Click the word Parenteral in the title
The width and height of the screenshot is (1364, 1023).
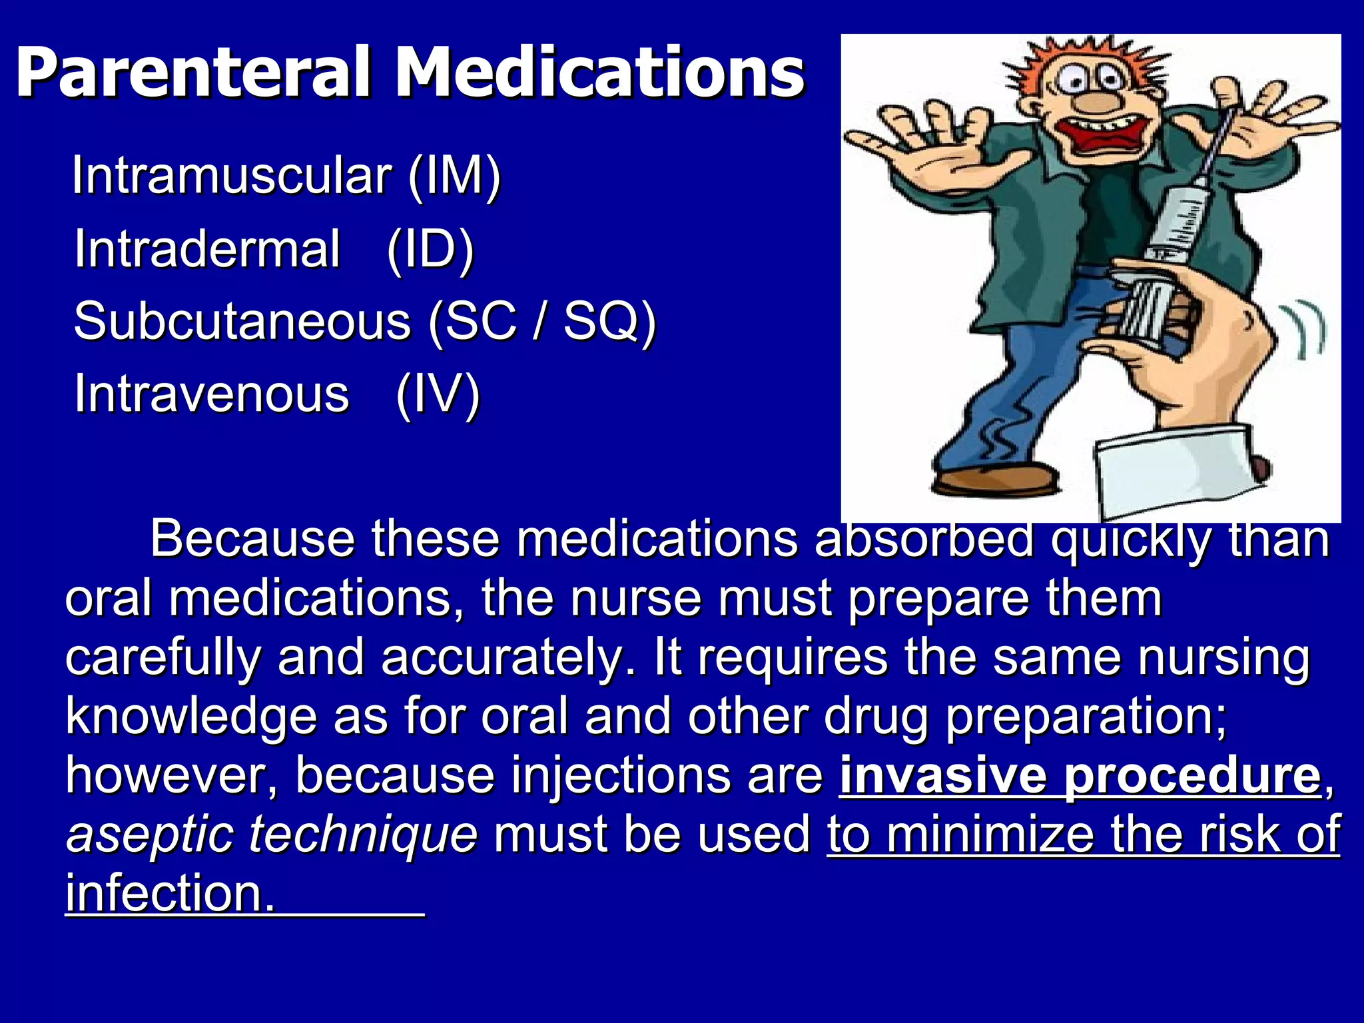[193, 72]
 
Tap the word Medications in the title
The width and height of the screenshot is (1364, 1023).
[599, 72]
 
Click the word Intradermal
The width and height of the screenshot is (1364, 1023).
[207, 248]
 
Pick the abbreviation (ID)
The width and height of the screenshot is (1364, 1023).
[430, 248]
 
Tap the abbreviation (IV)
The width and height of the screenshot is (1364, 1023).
[438, 394]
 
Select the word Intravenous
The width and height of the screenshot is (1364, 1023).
[212, 394]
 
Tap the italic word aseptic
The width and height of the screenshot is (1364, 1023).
[150, 835]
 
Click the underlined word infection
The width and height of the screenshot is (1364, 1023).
[170, 893]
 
